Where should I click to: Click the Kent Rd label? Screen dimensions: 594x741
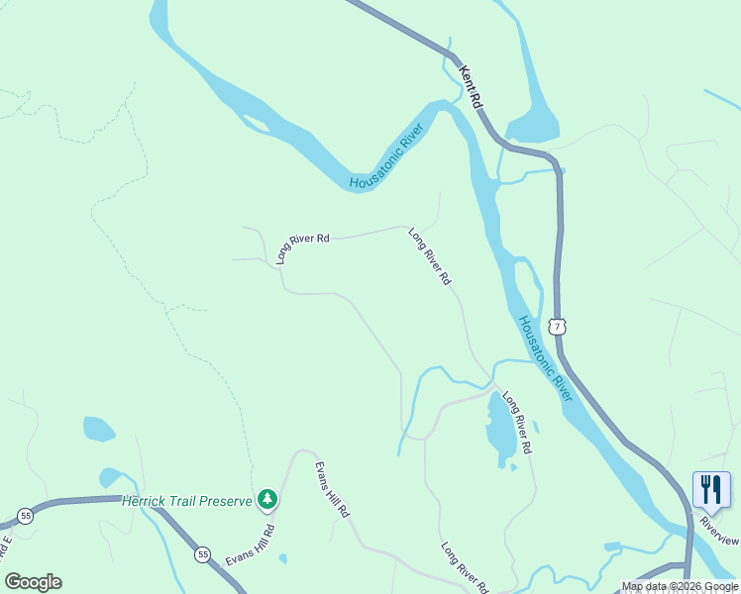tap(471, 87)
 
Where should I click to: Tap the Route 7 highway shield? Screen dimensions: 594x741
tap(559, 326)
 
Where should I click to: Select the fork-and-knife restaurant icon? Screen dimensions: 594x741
tap(711, 488)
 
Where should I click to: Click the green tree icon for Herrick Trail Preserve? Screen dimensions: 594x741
tap(265, 499)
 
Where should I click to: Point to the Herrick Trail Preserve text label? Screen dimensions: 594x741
tap(187, 501)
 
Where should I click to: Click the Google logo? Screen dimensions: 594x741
tap(33, 582)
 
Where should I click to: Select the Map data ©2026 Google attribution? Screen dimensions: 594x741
tap(680, 586)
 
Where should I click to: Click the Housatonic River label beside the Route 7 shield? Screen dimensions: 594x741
tap(545, 357)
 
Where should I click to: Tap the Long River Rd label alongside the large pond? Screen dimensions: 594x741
tap(517, 423)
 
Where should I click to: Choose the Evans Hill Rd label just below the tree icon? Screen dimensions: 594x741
tap(250, 544)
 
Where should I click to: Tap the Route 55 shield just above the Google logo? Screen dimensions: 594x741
tap(25, 517)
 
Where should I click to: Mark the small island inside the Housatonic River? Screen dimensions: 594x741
tap(257, 124)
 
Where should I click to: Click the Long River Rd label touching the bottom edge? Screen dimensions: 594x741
tap(465, 567)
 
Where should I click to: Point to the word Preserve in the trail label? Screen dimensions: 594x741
tap(225, 501)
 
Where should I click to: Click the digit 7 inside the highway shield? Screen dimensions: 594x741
tap(559, 326)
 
